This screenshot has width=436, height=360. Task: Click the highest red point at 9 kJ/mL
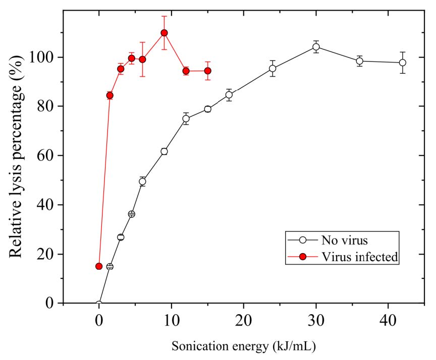[x=164, y=33]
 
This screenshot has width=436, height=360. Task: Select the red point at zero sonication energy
[x=99, y=266]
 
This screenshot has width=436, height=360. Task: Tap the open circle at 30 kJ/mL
[x=316, y=47]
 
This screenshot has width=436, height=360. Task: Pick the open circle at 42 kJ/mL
[x=402, y=63]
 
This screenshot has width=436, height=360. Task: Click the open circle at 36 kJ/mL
[x=359, y=61]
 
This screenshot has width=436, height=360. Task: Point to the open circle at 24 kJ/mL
[x=272, y=69]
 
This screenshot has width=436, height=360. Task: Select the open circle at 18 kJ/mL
[x=229, y=95]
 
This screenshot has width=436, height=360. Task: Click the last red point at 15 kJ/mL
[x=207, y=71]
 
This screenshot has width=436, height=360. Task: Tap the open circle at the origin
[x=99, y=304]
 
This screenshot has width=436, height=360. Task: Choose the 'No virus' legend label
[x=345, y=240]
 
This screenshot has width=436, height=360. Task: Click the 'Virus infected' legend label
[x=360, y=257]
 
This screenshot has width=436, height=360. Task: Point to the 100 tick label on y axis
[x=41, y=57]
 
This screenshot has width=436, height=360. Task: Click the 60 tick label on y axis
[x=45, y=156]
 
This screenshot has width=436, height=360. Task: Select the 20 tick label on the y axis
[x=45, y=254]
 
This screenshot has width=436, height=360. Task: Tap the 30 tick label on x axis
[x=316, y=321]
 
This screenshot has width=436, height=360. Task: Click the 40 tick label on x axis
[x=388, y=321]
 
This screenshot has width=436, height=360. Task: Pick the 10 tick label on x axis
[x=171, y=321]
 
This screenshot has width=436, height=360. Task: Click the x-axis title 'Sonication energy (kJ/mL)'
[x=244, y=346]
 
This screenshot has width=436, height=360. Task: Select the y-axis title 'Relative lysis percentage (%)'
[x=16, y=156]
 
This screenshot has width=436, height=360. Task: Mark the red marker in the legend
[x=303, y=257]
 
